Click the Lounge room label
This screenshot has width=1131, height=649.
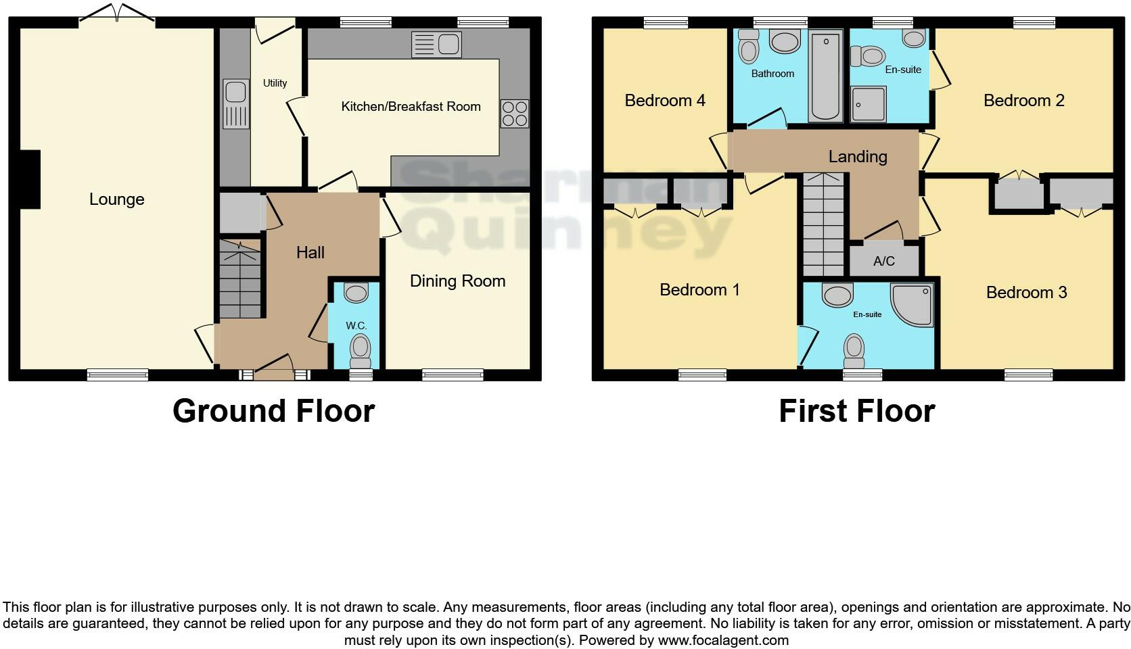(116, 199)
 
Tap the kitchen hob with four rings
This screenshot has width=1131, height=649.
(514, 114)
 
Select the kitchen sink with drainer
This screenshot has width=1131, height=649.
(436, 45)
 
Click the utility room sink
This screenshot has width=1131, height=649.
(236, 103)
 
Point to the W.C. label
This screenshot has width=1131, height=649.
(356, 326)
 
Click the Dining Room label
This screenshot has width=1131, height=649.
(457, 281)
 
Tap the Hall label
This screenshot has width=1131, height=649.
(310, 253)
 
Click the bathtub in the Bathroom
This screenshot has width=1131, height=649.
(826, 76)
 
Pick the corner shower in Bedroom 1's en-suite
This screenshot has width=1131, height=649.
(914, 304)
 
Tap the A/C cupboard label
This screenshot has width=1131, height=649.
(884, 262)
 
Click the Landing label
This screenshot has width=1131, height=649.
(858, 157)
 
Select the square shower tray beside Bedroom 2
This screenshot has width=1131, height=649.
(869, 103)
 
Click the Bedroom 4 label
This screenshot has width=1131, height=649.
(665, 101)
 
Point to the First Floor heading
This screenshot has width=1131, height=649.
(856, 411)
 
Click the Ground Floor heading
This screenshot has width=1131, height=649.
(273, 411)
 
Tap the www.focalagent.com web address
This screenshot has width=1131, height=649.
(723, 640)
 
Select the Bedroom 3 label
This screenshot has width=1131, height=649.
(1026, 293)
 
